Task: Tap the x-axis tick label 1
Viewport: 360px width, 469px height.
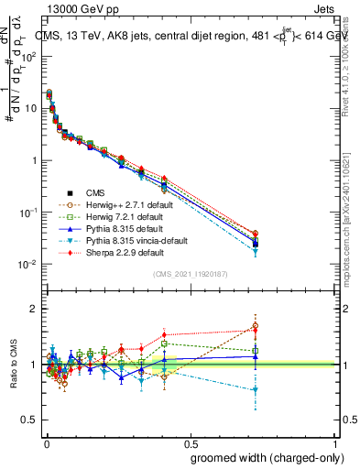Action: (x=336, y=442)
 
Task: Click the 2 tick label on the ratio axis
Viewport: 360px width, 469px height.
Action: (x=34, y=309)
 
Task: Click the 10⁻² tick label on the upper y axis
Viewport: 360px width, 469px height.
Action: (x=27, y=264)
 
